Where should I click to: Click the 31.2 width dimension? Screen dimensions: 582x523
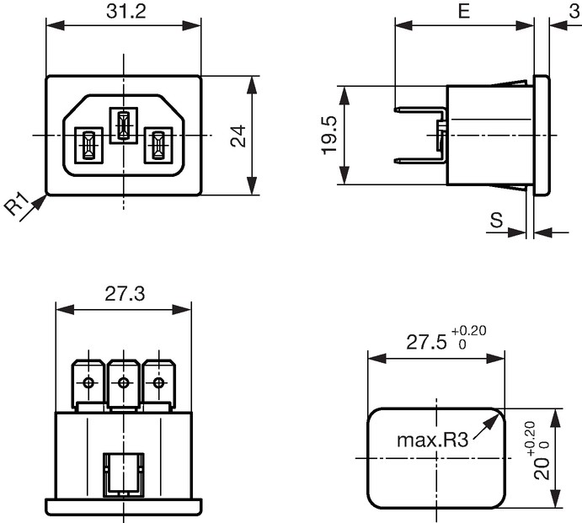click(x=126, y=11)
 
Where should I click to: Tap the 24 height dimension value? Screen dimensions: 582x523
click(x=238, y=136)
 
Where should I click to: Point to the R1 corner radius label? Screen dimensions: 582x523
click(x=17, y=204)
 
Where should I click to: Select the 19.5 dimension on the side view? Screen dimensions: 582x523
click(x=328, y=135)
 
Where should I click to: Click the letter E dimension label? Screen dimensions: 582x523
click(x=464, y=11)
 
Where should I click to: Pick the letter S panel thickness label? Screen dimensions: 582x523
click(x=496, y=220)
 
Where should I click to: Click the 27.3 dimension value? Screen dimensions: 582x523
click(x=125, y=294)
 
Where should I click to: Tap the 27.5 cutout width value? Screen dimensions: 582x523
click(x=426, y=342)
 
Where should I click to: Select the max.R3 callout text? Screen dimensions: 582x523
click(x=433, y=440)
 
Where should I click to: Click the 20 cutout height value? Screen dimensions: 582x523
click(x=542, y=468)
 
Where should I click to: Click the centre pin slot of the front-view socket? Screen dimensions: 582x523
click(x=123, y=125)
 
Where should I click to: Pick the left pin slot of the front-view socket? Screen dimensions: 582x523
click(x=88, y=145)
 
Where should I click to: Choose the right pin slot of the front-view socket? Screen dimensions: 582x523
click(x=158, y=145)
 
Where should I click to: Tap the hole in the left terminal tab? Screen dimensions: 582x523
click(x=88, y=382)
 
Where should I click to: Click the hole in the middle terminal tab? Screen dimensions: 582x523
click(x=123, y=382)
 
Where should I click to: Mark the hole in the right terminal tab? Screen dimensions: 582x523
click(x=158, y=382)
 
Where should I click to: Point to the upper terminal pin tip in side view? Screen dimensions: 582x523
click(x=395, y=110)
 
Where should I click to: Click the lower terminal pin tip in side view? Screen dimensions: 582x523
click(x=395, y=161)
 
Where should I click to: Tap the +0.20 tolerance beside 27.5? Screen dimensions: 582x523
click(x=469, y=330)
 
